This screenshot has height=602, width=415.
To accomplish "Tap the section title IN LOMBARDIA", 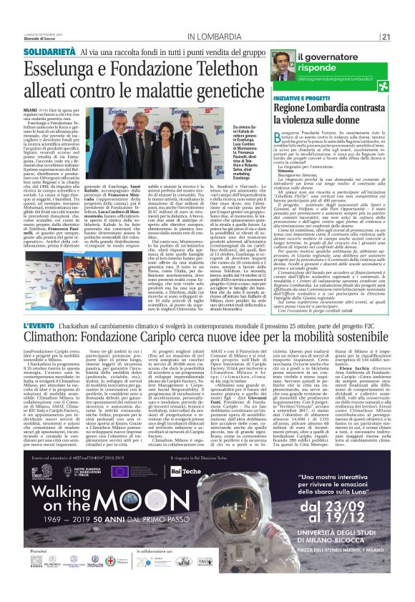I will pyautogui.click(x=217, y=37).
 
